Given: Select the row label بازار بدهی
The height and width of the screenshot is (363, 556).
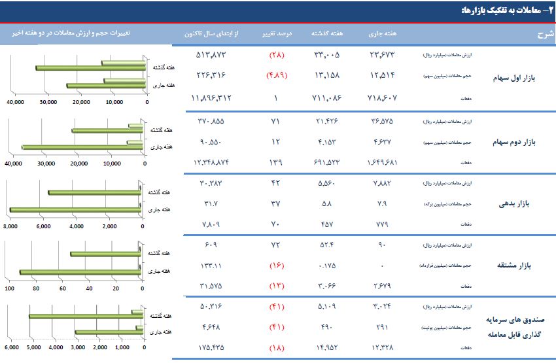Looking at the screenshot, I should click(518, 203).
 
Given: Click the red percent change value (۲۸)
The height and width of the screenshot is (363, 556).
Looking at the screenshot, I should click(275, 54).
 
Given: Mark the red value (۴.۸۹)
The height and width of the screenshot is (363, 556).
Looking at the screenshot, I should click(275, 75).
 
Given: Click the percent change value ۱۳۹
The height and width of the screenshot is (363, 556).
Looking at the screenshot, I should click(275, 161).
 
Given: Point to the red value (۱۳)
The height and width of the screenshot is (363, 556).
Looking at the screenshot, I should click(275, 286).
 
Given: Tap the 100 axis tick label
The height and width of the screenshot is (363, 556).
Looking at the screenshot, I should click(10, 288).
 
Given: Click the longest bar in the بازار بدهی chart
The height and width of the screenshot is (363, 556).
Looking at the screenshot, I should click(75, 210).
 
